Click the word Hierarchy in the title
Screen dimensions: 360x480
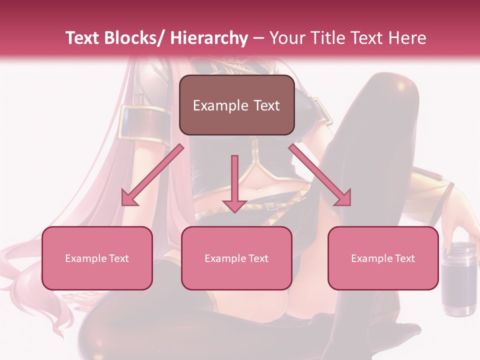pyautogui.click(x=209, y=38)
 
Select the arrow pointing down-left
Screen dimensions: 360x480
pyautogui.click(x=152, y=175)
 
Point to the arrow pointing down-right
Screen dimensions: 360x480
pyautogui.click(x=320, y=175)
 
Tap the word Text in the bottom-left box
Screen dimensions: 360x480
pyautogui.click(x=119, y=258)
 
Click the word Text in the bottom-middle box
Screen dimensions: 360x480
pyautogui.click(x=258, y=258)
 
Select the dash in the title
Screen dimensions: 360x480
pyautogui.click(x=258, y=38)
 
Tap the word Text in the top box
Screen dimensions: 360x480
pyautogui.click(x=266, y=105)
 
